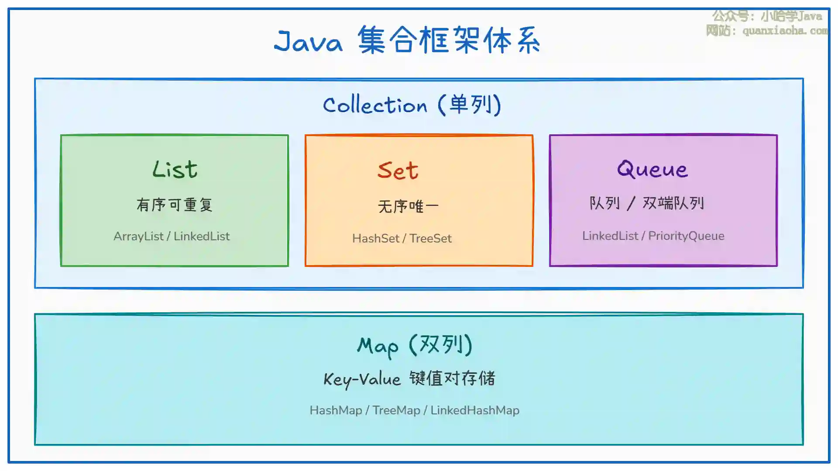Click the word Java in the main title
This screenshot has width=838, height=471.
tap(308, 42)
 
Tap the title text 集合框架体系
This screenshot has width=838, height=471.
tap(449, 40)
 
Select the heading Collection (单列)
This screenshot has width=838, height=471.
tap(412, 105)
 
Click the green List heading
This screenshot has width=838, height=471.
tap(175, 169)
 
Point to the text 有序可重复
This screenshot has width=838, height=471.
tap(175, 205)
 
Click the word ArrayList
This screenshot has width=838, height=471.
tap(138, 236)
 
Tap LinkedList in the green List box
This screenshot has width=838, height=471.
tap(202, 236)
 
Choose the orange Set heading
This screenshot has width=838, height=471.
tap(398, 170)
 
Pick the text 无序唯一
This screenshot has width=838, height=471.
tap(408, 206)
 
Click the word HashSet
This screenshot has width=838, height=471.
tap(376, 239)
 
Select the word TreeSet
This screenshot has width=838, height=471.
tap(430, 239)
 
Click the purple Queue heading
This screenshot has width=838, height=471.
tap(653, 169)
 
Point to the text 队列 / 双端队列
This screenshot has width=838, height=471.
tap(647, 203)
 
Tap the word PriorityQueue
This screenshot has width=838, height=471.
tap(686, 236)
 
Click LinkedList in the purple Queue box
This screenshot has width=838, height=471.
tap(610, 236)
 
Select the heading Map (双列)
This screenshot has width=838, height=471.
tap(415, 345)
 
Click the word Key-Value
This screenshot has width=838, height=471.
tap(362, 379)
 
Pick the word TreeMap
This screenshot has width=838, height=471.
tap(396, 410)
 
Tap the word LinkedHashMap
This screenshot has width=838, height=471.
tap(475, 410)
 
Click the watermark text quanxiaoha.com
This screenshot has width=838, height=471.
tap(785, 31)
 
